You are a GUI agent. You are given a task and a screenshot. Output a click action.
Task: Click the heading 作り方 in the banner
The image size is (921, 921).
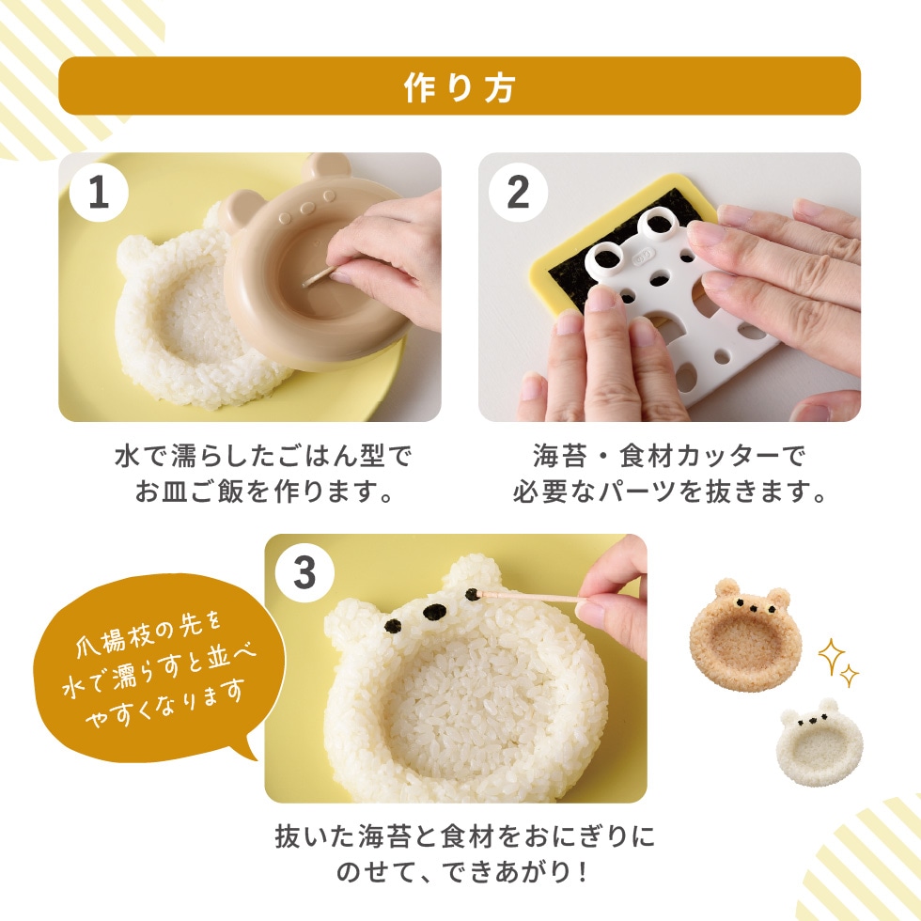click(460, 86)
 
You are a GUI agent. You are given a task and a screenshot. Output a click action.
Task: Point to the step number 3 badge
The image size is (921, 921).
click(304, 571)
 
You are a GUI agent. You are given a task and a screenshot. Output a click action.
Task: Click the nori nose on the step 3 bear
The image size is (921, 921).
click(433, 613)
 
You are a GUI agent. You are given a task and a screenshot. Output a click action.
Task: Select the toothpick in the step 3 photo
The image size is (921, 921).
click(531, 597)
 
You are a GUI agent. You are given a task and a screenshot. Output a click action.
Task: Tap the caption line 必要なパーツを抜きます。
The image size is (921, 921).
click(669, 492)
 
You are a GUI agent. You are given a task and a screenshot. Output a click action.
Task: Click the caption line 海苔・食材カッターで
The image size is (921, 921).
click(669, 458)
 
